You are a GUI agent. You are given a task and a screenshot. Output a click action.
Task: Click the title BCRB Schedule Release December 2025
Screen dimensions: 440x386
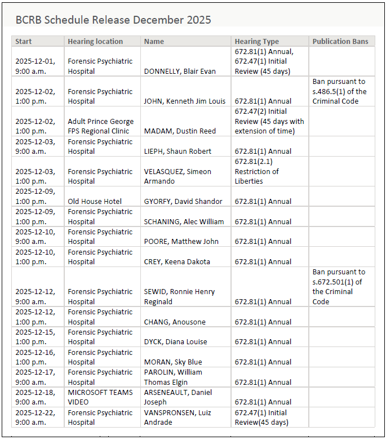tap(113, 20)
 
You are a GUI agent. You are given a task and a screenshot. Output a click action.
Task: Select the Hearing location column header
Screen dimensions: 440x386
tap(95, 42)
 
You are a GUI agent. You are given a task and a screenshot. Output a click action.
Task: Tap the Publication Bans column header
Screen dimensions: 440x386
tap(340, 42)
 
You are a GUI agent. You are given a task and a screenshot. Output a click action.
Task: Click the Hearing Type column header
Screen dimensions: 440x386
tap(257, 42)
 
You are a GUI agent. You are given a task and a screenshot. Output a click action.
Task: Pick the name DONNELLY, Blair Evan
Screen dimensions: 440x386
tap(180, 72)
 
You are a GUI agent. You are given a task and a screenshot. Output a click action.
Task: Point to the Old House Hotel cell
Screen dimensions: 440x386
tap(87, 202)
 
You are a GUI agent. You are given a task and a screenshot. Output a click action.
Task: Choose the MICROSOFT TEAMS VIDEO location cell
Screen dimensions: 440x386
tap(100, 397)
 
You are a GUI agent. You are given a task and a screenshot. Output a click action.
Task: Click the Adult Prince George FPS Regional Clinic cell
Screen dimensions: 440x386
tap(101, 126)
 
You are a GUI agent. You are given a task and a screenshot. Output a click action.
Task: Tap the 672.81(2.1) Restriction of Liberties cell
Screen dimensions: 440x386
tap(257, 171)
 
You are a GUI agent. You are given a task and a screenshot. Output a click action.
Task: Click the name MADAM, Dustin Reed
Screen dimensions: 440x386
tap(180, 131)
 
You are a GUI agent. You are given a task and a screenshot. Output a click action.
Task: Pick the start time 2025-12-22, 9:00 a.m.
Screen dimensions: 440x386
tap(35, 417)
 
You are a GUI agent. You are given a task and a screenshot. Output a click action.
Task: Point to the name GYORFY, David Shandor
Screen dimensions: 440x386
tap(183, 202)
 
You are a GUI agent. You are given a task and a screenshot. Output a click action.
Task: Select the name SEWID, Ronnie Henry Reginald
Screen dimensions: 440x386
tap(179, 297)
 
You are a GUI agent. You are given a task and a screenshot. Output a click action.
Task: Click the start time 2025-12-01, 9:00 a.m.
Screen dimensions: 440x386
tap(35, 66)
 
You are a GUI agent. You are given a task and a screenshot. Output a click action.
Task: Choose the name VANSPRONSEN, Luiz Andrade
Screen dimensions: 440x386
tap(178, 417)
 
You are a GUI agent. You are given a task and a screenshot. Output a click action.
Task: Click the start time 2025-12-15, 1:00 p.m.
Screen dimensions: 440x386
tap(35, 337)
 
